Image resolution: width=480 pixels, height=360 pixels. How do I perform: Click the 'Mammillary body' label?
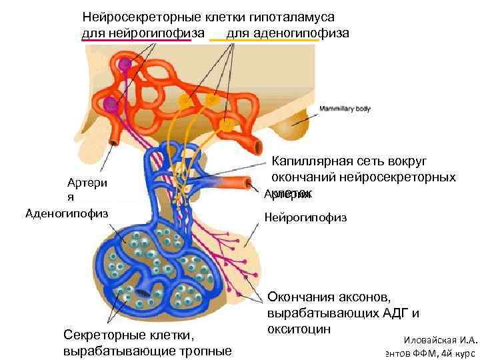tap(345, 109)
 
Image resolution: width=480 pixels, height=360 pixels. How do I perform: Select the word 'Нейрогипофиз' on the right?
tap(305, 217)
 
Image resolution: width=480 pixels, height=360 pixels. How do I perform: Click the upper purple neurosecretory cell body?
tap(124, 64)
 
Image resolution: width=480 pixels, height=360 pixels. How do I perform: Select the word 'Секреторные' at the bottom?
tap(99, 335)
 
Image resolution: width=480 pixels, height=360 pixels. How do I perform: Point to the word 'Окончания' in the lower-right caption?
tap(301, 297)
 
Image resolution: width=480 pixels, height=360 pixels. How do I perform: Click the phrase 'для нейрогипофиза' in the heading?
tap(136, 32)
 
